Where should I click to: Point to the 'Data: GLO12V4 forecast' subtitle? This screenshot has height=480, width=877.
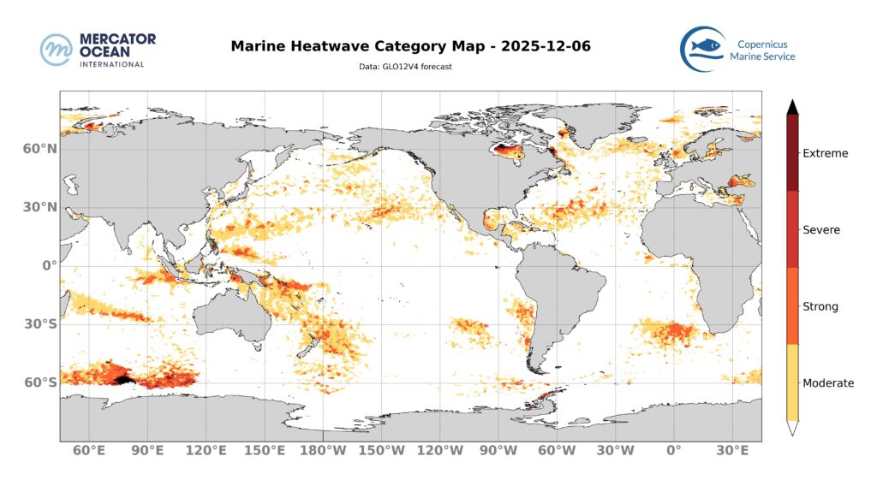tap(405, 66)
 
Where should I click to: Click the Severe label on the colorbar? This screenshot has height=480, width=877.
tap(821, 230)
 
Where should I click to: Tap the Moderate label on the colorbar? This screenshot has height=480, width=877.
tap(827, 383)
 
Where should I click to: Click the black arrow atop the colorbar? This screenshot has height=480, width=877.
tap(793, 106)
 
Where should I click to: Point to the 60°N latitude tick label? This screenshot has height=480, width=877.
tap(39, 149)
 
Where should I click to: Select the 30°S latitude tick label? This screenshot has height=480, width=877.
tap(39, 324)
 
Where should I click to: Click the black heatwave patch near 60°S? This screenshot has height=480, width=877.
tap(123, 378)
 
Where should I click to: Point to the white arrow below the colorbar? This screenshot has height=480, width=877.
tap(793, 429)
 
